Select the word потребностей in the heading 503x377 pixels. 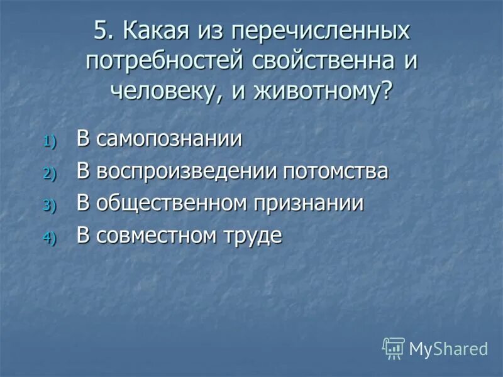point(167,61)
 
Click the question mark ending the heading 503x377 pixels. point(385,91)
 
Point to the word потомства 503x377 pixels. point(336,172)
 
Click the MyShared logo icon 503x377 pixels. point(393,347)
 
